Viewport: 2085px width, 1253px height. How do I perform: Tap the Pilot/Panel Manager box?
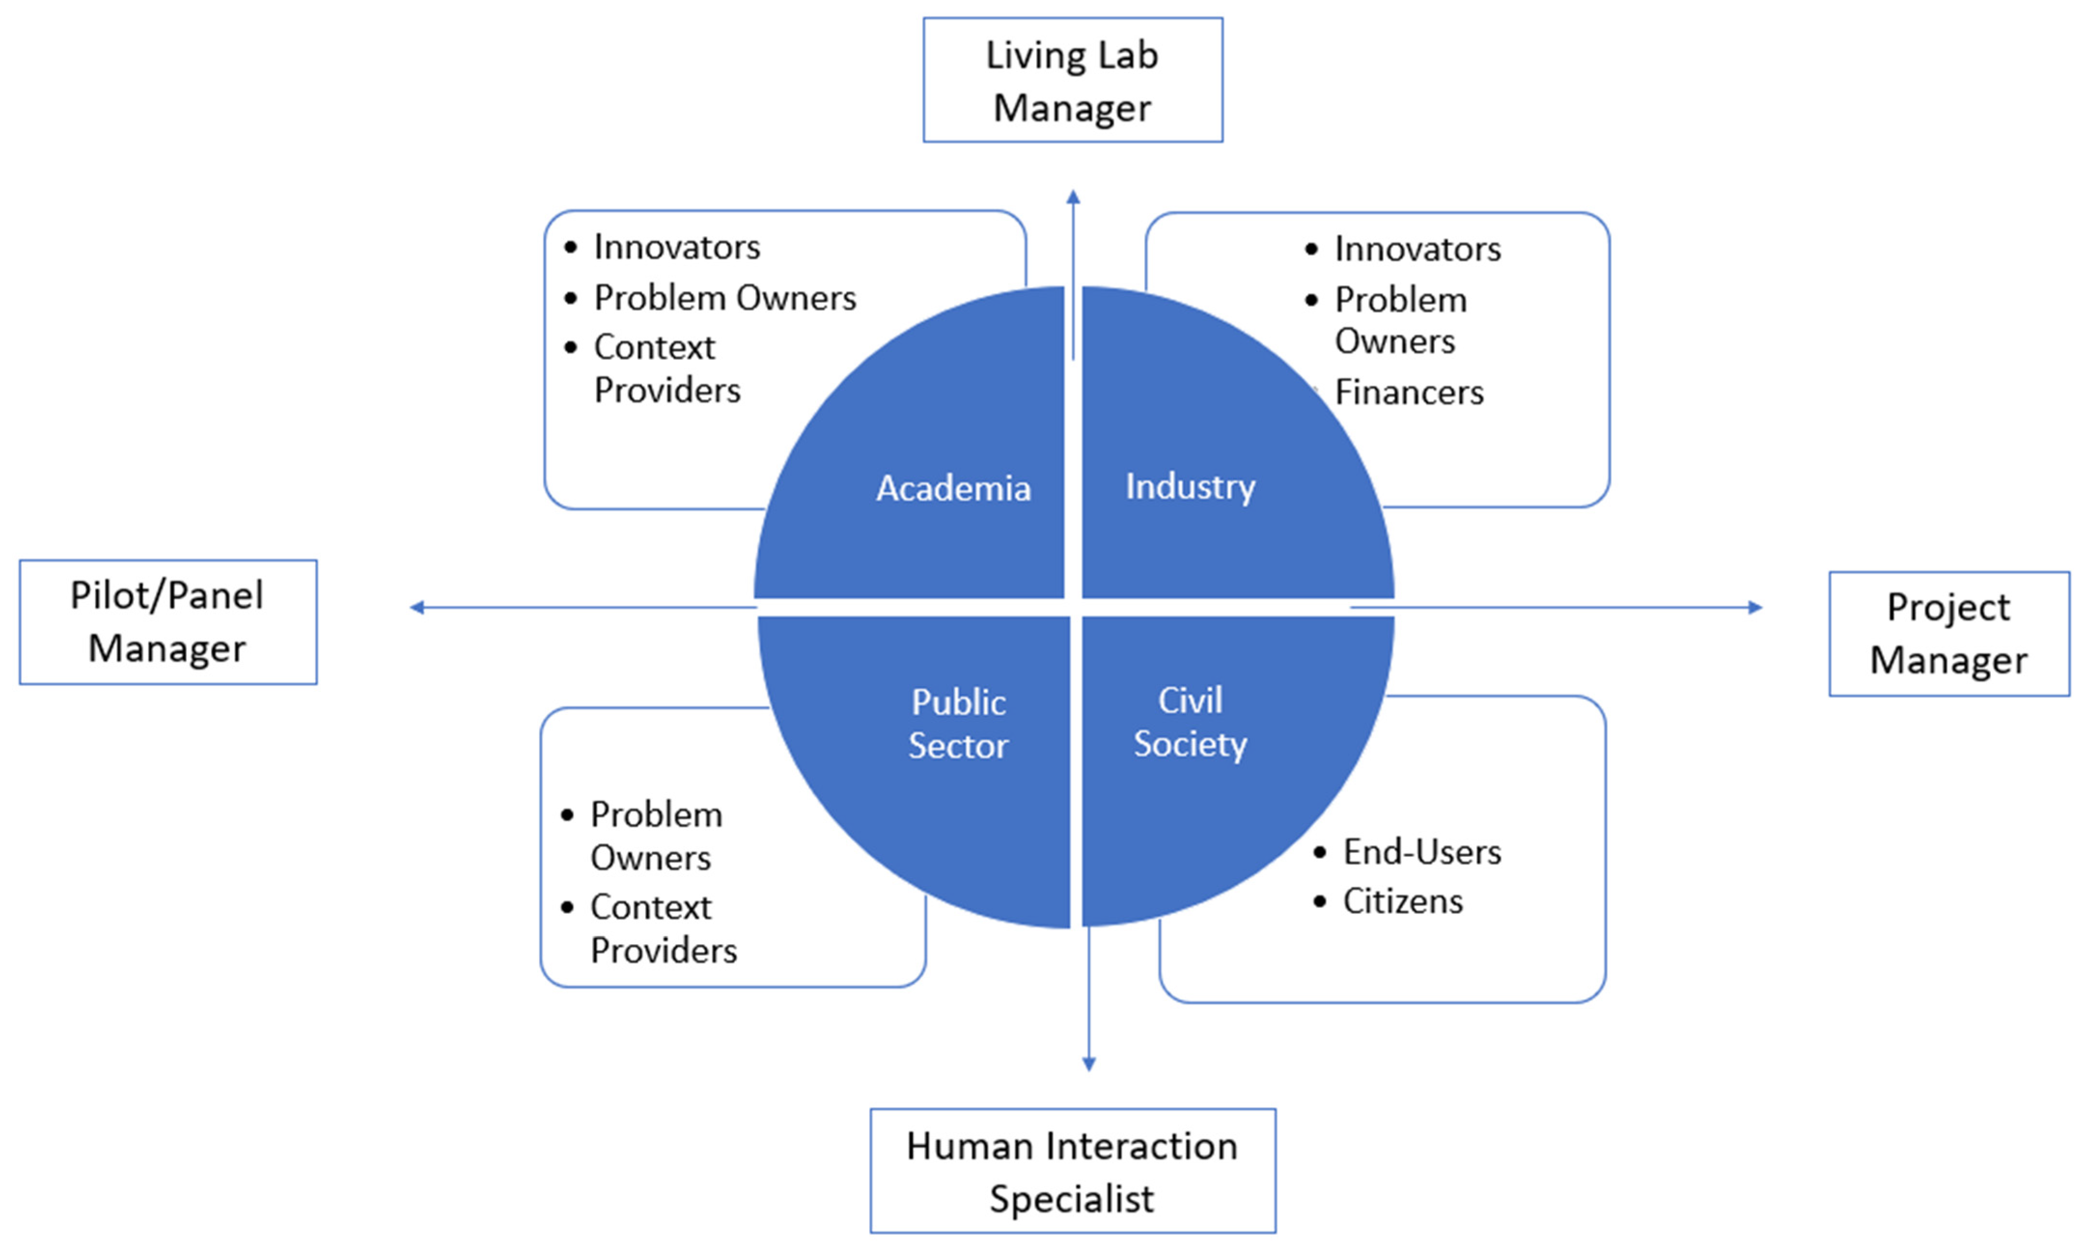point(167,621)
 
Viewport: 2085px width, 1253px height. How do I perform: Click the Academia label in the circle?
point(953,488)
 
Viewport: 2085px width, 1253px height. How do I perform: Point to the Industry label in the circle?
point(1190,486)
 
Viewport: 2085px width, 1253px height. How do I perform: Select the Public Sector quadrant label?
point(958,724)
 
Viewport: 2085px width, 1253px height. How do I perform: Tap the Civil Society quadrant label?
point(1190,722)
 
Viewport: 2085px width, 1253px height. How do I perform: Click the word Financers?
point(1408,393)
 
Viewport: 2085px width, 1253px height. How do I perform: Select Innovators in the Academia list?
point(677,247)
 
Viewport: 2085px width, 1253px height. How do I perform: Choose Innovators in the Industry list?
point(1417,249)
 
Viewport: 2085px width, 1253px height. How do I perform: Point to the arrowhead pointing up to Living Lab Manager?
point(1073,197)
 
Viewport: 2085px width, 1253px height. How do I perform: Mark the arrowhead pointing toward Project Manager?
point(1755,607)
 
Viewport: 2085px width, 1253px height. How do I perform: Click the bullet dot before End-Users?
point(1320,853)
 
